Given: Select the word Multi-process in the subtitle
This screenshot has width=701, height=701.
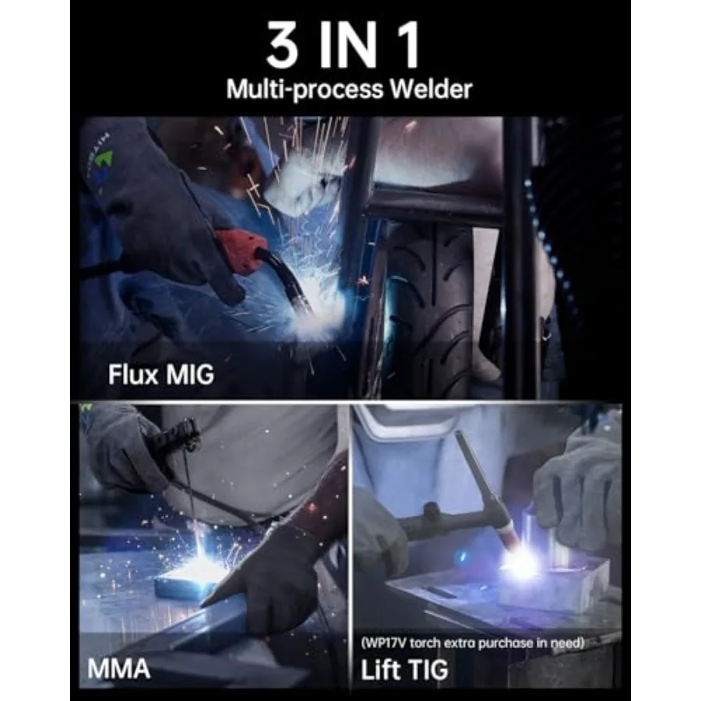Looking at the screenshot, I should (x=302, y=90).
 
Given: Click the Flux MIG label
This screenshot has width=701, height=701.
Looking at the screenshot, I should (x=160, y=375).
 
